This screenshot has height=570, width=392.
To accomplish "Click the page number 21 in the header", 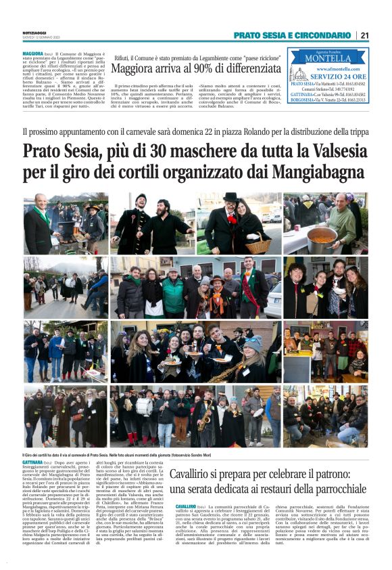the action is point(364,35).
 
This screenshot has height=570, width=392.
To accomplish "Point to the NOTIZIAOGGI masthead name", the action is point(34,32).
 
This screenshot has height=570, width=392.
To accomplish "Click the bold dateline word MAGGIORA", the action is point(33,52).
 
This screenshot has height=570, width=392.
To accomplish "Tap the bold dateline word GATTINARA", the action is point(34,463).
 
